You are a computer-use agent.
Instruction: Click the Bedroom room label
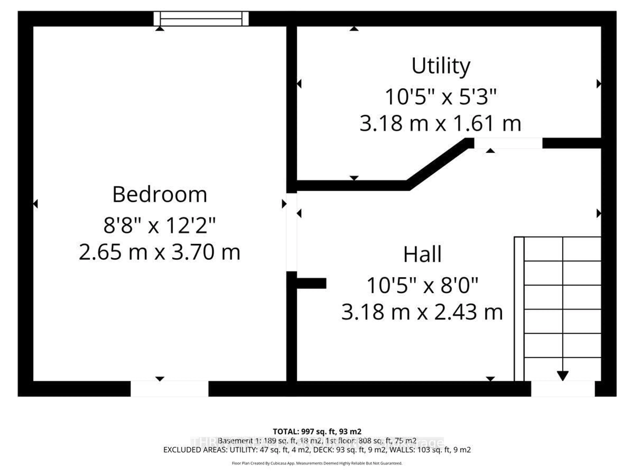(x=160, y=195)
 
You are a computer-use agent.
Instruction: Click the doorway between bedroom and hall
(x=291, y=232)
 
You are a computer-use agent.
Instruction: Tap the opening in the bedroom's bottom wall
(x=169, y=389)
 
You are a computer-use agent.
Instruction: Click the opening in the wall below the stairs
(x=563, y=389)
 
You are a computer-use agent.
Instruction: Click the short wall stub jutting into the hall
(x=312, y=283)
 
